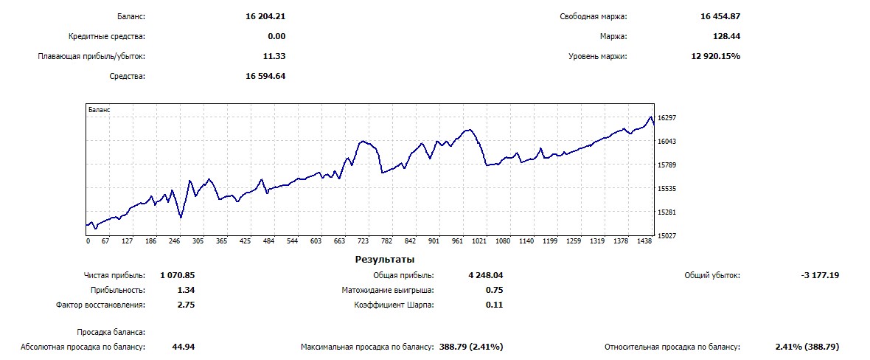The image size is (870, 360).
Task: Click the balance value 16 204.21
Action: coord(265,16)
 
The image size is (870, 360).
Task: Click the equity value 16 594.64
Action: coord(265,76)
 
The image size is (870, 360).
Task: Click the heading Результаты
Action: coord(384,260)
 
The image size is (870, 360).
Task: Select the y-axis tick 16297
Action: coord(667,118)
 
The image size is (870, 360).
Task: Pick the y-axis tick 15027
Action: coord(667,236)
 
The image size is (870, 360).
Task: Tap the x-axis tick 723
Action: coord(363,241)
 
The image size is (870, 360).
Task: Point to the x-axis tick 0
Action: coord(88,241)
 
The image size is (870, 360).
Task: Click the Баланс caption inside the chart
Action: coord(99,109)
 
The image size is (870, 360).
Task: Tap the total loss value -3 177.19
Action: coord(819,275)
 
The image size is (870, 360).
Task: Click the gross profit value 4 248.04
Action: coord(485,275)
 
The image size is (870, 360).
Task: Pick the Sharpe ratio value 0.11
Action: coord(494,305)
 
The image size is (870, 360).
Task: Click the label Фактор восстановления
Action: coord(100,305)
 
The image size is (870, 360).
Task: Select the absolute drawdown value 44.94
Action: coord(183,346)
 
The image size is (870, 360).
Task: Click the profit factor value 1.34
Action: coord(186,290)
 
